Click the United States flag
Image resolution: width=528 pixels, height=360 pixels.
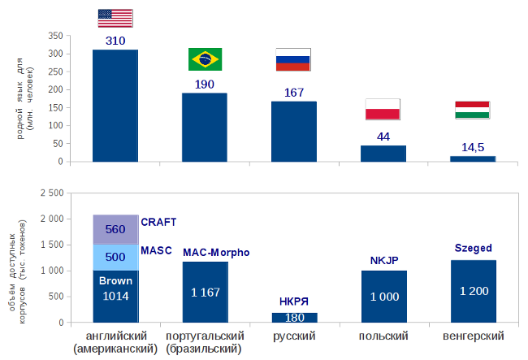tap(115, 18)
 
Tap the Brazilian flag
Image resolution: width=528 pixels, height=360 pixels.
tap(205, 59)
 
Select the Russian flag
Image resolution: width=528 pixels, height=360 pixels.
tap(293, 59)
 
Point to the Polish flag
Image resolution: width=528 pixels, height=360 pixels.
tap(383, 109)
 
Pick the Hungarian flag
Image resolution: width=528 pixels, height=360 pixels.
tap(472, 110)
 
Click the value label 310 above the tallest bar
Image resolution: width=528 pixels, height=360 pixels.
tap(115, 41)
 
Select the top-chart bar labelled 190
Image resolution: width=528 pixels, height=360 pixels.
tap(205, 127)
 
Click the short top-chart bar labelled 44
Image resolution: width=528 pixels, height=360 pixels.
tap(383, 154)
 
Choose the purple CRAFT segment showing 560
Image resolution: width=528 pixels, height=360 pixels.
tap(115, 230)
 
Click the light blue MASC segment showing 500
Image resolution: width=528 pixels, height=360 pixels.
tap(115, 258)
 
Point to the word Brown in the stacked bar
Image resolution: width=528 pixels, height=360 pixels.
tap(115, 280)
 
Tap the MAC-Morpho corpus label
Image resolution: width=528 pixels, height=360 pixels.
tap(216, 253)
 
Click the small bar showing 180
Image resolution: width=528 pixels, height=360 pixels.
tap(294, 318)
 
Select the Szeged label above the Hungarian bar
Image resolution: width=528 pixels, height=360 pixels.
tap(473, 248)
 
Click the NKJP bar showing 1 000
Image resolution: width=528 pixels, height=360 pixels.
tap(383, 297)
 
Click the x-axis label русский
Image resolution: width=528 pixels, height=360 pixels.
tap(294, 336)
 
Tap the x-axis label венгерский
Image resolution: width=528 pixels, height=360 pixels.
tap(473, 336)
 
